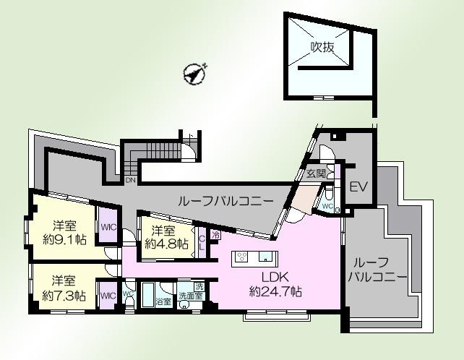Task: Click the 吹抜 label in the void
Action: tap(322, 48)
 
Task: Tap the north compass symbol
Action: tap(193, 72)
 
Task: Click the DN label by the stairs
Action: tap(130, 180)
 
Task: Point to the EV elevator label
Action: tap(358, 187)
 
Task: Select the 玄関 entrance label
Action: tap(315, 174)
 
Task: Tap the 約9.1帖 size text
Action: tap(65, 240)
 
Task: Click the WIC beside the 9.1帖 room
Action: tap(108, 227)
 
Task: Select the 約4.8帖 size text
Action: tap(167, 244)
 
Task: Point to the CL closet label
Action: tap(202, 240)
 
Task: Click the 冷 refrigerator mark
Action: tap(215, 234)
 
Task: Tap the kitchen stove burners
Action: tap(242, 257)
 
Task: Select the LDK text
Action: tap(275, 277)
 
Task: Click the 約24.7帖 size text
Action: tap(275, 292)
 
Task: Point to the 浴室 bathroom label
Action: tap(164, 301)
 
